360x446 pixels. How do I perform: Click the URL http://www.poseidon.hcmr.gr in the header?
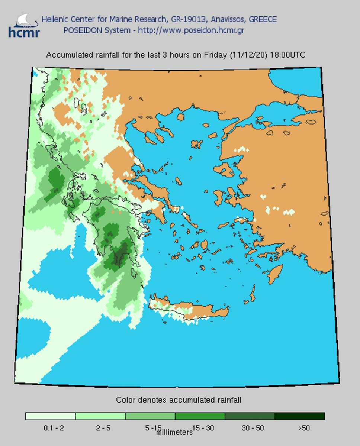[191, 30]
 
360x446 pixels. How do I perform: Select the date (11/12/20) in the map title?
[248, 55]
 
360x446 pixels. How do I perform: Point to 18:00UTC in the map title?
[287, 55]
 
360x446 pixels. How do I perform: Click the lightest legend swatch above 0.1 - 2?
[50, 416]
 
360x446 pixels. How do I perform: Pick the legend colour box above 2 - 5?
[100, 416]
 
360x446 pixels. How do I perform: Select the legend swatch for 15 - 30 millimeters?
[200, 416]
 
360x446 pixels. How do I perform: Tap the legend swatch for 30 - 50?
[250, 416]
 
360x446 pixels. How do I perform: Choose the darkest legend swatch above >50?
[300, 416]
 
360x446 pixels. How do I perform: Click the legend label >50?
[304, 428]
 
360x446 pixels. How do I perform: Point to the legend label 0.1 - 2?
[54, 428]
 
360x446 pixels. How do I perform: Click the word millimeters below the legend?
[174, 433]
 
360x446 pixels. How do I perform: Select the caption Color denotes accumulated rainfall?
[179, 400]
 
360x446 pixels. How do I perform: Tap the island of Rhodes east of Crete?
[275, 274]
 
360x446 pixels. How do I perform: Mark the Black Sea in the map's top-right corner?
[298, 80]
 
